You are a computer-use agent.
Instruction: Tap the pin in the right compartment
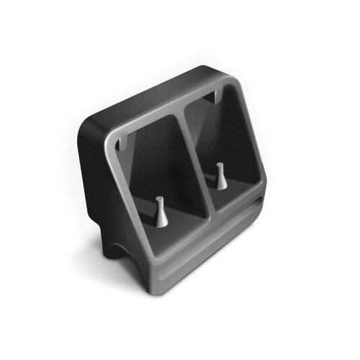point(220,176)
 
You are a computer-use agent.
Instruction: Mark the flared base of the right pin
point(220,186)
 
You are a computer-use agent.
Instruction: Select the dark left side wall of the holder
point(97,180)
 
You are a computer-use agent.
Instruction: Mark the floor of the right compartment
point(230,198)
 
